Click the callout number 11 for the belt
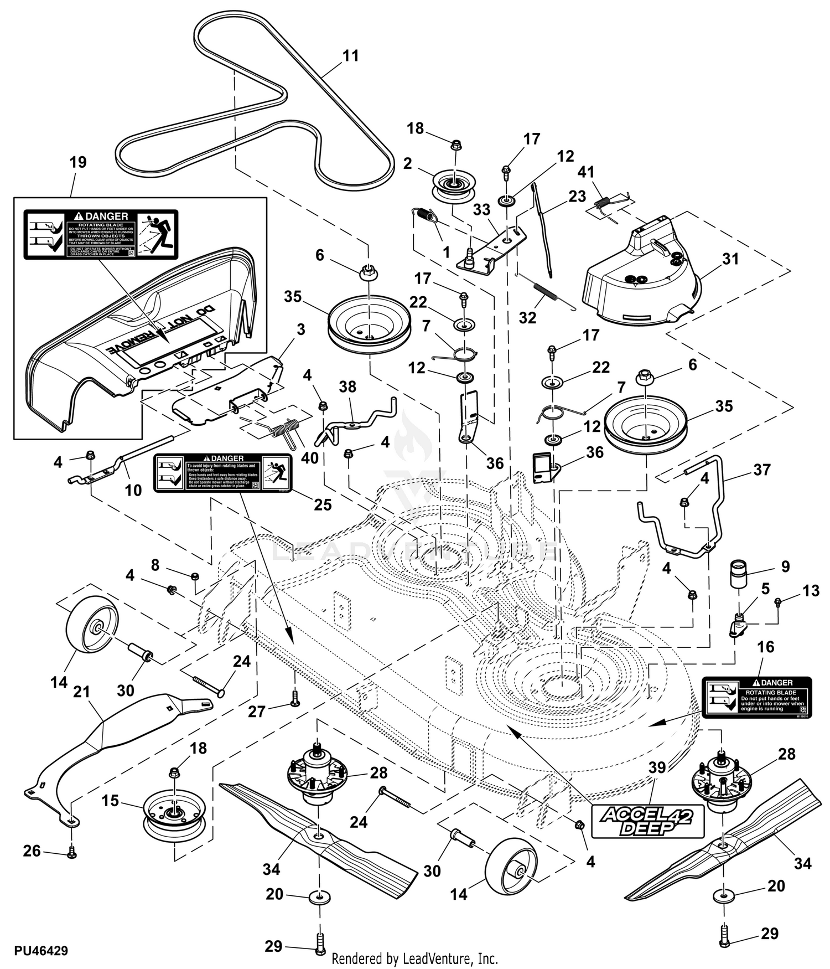pyautogui.click(x=351, y=56)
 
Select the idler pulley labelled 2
pyautogui.click(x=453, y=187)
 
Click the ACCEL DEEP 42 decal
pyautogui.click(x=647, y=821)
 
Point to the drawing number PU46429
pyautogui.click(x=41, y=951)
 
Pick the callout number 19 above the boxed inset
pyautogui.click(x=78, y=162)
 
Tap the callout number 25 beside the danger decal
pyautogui.click(x=323, y=504)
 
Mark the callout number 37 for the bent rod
pyautogui.click(x=762, y=470)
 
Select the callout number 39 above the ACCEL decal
pyautogui.click(x=657, y=767)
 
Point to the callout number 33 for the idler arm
pyautogui.click(x=481, y=210)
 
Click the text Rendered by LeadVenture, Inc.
pyautogui.click(x=414, y=958)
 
